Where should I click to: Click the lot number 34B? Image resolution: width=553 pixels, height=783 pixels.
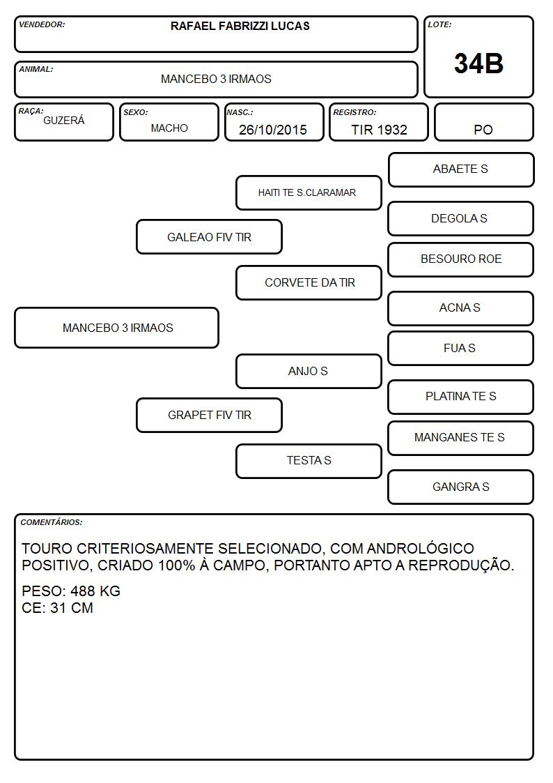(478, 64)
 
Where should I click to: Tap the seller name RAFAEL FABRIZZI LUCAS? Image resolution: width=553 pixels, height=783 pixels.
(240, 26)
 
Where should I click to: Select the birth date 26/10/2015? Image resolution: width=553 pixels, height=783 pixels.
(273, 130)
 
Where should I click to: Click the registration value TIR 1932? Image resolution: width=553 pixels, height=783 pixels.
(379, 130)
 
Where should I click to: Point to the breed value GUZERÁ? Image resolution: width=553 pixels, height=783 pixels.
(64, 121)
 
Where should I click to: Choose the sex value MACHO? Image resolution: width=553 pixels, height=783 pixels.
(169, 128)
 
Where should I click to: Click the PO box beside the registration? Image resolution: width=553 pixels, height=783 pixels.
(483, 122)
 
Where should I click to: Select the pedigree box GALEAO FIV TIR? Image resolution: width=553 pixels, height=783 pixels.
(210, 237)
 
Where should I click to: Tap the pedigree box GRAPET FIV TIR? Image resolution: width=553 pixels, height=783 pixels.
(210, 416)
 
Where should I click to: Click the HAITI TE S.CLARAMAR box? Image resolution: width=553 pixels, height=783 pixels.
(309, 192)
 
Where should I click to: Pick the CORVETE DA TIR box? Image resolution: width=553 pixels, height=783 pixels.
(309, 282)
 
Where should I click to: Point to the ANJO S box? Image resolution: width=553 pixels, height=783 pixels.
(309, 372)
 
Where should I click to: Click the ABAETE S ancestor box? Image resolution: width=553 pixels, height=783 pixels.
(461, 170)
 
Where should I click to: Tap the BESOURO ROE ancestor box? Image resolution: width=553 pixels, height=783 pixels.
(461, 259)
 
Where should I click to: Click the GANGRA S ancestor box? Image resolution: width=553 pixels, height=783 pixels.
(461, 487)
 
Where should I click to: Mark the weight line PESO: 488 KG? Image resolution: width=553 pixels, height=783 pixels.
(71, 591)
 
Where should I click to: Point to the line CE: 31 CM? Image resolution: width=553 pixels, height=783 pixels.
(57, 608)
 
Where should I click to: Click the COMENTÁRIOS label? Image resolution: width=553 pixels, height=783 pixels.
(52, 522)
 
